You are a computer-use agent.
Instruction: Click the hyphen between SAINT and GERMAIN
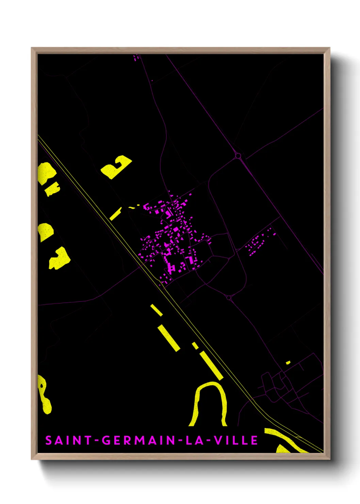(x=97, y=440)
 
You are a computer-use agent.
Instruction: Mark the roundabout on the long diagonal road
(x=238, y=156)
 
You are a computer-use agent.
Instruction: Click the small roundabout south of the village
(x=229, y=298)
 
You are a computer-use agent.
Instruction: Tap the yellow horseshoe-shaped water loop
(x=208, y=402)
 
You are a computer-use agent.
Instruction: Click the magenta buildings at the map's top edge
(x=137, y=57)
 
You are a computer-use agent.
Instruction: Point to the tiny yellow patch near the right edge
(x=288, y=362)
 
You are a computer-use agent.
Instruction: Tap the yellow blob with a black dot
(x=44, y=395)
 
